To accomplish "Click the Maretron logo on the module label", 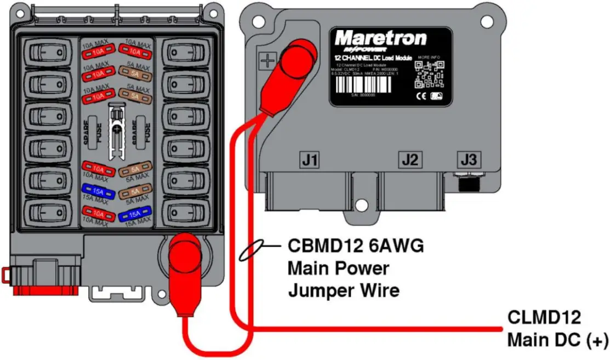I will [x=380, y=38].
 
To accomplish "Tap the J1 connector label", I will [x=309, y=160].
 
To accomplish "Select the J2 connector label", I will [x=410, y=160].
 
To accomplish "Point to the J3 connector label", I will [x=470, y=160].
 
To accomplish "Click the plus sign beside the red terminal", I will [x=267, y=60].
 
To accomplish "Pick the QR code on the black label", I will [x=429, y=75].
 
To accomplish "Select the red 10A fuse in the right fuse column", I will [x=135, y=53].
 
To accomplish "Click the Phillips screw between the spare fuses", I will [x=116, y=129].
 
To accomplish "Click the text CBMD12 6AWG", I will [x=356, y=246].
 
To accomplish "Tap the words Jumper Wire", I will [x=344, y=290].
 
